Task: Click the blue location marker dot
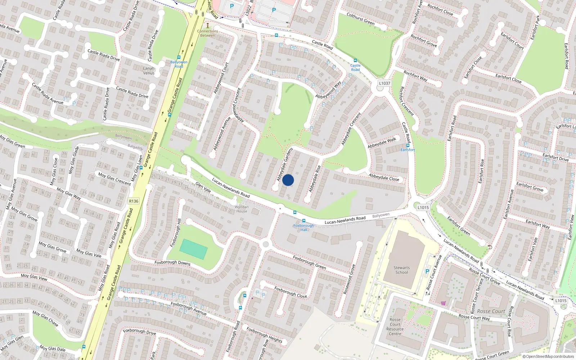pos(288,180)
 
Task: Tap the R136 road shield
pos(133,201)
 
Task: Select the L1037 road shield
pos(384,83)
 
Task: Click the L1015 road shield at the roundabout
pos(423,207)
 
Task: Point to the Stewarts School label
pos(402,270)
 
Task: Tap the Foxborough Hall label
pos(303,228)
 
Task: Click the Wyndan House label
pos(242,209)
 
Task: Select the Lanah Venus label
pos(149,71)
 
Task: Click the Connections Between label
pos(207,33)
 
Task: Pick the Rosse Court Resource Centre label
pos(395,327)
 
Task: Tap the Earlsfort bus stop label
pos(408,150)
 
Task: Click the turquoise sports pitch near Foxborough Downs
pos(193,249)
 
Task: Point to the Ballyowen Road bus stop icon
pos(179,57)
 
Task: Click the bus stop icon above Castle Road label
pos(355,60)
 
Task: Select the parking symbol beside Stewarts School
pos(427,271)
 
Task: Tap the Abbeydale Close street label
pos(384,177)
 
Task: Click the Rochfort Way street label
pos(415,76)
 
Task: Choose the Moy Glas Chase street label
pos(45,318)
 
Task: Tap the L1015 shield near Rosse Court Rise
pos(561,301)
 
